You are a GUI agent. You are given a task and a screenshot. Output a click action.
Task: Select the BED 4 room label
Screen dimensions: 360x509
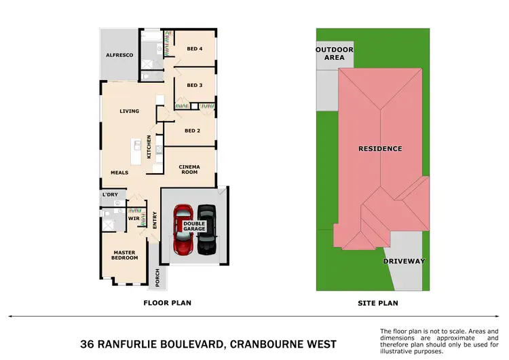[194, 49]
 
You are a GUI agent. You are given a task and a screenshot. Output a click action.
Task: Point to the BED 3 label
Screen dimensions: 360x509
[195, 86]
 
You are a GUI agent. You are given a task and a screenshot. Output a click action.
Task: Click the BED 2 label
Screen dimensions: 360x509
[192, 130]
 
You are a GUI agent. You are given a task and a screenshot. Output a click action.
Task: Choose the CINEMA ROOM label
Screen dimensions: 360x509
[188, 169]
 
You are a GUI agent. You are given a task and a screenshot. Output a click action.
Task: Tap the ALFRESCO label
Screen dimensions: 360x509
[119, 54]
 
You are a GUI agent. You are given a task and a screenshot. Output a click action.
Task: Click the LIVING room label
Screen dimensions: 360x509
[129, 111]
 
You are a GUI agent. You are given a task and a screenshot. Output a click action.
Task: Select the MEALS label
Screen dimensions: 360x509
[119, 173]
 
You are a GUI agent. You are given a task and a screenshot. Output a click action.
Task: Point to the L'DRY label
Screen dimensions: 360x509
[110, 196]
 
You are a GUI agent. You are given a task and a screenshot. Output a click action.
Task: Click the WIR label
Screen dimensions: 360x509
[134, 219]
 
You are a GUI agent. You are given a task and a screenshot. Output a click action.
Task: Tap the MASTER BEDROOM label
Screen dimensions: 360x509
[125, 255]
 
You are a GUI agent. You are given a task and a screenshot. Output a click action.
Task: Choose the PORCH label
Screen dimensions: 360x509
[157, 277]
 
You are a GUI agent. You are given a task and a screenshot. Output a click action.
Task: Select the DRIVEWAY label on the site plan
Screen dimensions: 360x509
[404, 261]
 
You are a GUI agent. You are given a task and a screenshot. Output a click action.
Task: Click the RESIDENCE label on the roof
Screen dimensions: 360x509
[380, 148]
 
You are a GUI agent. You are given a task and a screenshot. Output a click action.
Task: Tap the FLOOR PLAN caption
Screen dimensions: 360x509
[164, 303]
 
